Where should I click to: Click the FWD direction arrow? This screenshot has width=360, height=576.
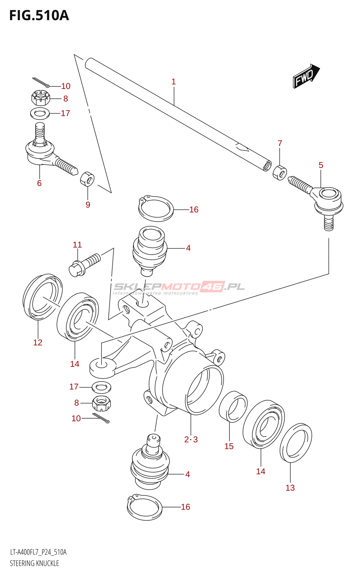[306, 76]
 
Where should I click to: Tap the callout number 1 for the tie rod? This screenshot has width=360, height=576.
[174, 82]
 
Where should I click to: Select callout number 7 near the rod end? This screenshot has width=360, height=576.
[280, 143]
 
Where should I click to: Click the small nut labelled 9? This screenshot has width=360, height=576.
[87, 179]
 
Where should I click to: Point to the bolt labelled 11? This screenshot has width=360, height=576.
[85, 265]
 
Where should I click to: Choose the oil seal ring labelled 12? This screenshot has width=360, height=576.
[42, 297]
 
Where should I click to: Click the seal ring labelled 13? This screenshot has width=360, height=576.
[296, 443]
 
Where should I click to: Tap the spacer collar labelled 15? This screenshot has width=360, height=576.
[233, 406]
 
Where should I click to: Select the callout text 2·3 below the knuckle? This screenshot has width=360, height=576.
[191, 440]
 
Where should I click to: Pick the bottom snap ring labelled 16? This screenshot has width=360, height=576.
[144, 507]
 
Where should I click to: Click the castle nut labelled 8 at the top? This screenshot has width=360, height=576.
[40, 98]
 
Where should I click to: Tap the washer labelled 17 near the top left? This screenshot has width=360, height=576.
[40, 114]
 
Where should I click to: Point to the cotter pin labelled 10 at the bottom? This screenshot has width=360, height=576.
[101, 418]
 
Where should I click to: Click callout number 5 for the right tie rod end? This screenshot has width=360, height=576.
[321, 165]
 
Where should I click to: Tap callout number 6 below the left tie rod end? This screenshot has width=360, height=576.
[39, 183]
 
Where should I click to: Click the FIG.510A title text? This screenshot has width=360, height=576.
[39, 15]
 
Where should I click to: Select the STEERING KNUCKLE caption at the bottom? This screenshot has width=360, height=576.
[34, 563]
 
